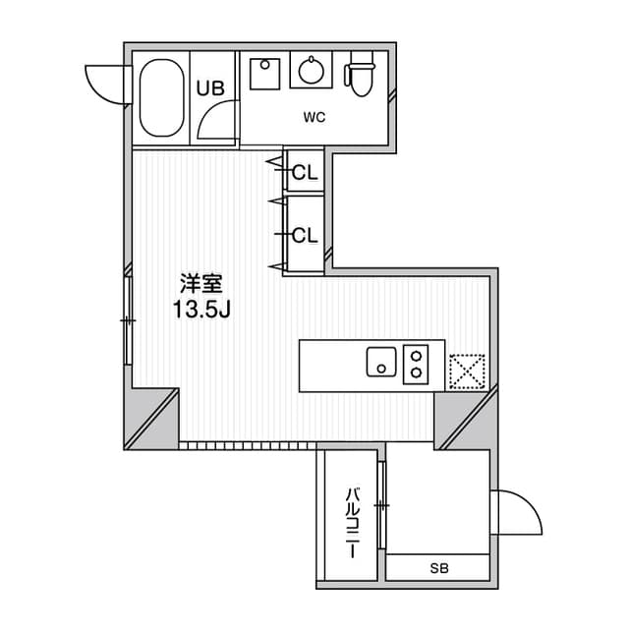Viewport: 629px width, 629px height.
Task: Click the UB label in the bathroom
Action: (210, 87)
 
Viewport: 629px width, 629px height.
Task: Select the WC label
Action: (314, 118)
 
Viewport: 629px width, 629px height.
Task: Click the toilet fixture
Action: (362, 76)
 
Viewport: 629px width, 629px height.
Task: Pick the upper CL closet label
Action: (305, 173)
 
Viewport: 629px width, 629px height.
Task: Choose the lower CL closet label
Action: (305, 234)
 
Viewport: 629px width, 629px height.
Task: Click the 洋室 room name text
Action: (201, 285)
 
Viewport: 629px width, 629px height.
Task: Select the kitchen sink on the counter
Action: (380, 361)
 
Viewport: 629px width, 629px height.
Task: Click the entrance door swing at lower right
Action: (519, 513)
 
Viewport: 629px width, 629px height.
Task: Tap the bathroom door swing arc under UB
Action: (213, 123)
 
